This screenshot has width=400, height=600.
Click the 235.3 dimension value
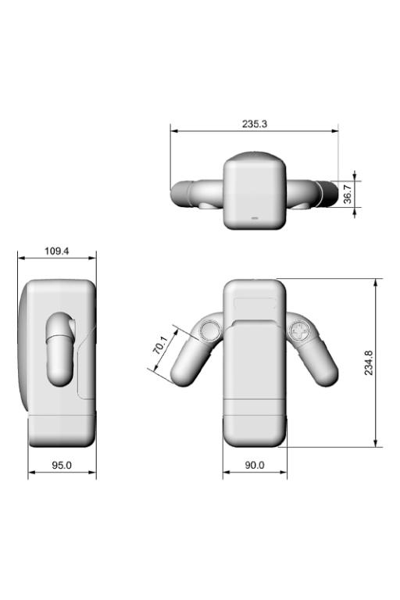(x=255, y=124)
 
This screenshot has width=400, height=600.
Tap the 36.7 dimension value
(x=347, y=194)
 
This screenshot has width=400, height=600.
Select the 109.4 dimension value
(x=57, y=251)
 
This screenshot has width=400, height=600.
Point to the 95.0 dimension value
(x=62, y=465)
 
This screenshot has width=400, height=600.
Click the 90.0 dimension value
(x=255, y=465)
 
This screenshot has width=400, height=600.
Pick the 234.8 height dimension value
(x=368, y=362)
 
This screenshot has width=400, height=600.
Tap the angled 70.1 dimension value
(x=160, y=345)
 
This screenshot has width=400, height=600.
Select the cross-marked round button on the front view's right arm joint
(x=298, y=330)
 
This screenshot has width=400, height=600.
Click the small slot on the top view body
(x=255, y=219)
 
